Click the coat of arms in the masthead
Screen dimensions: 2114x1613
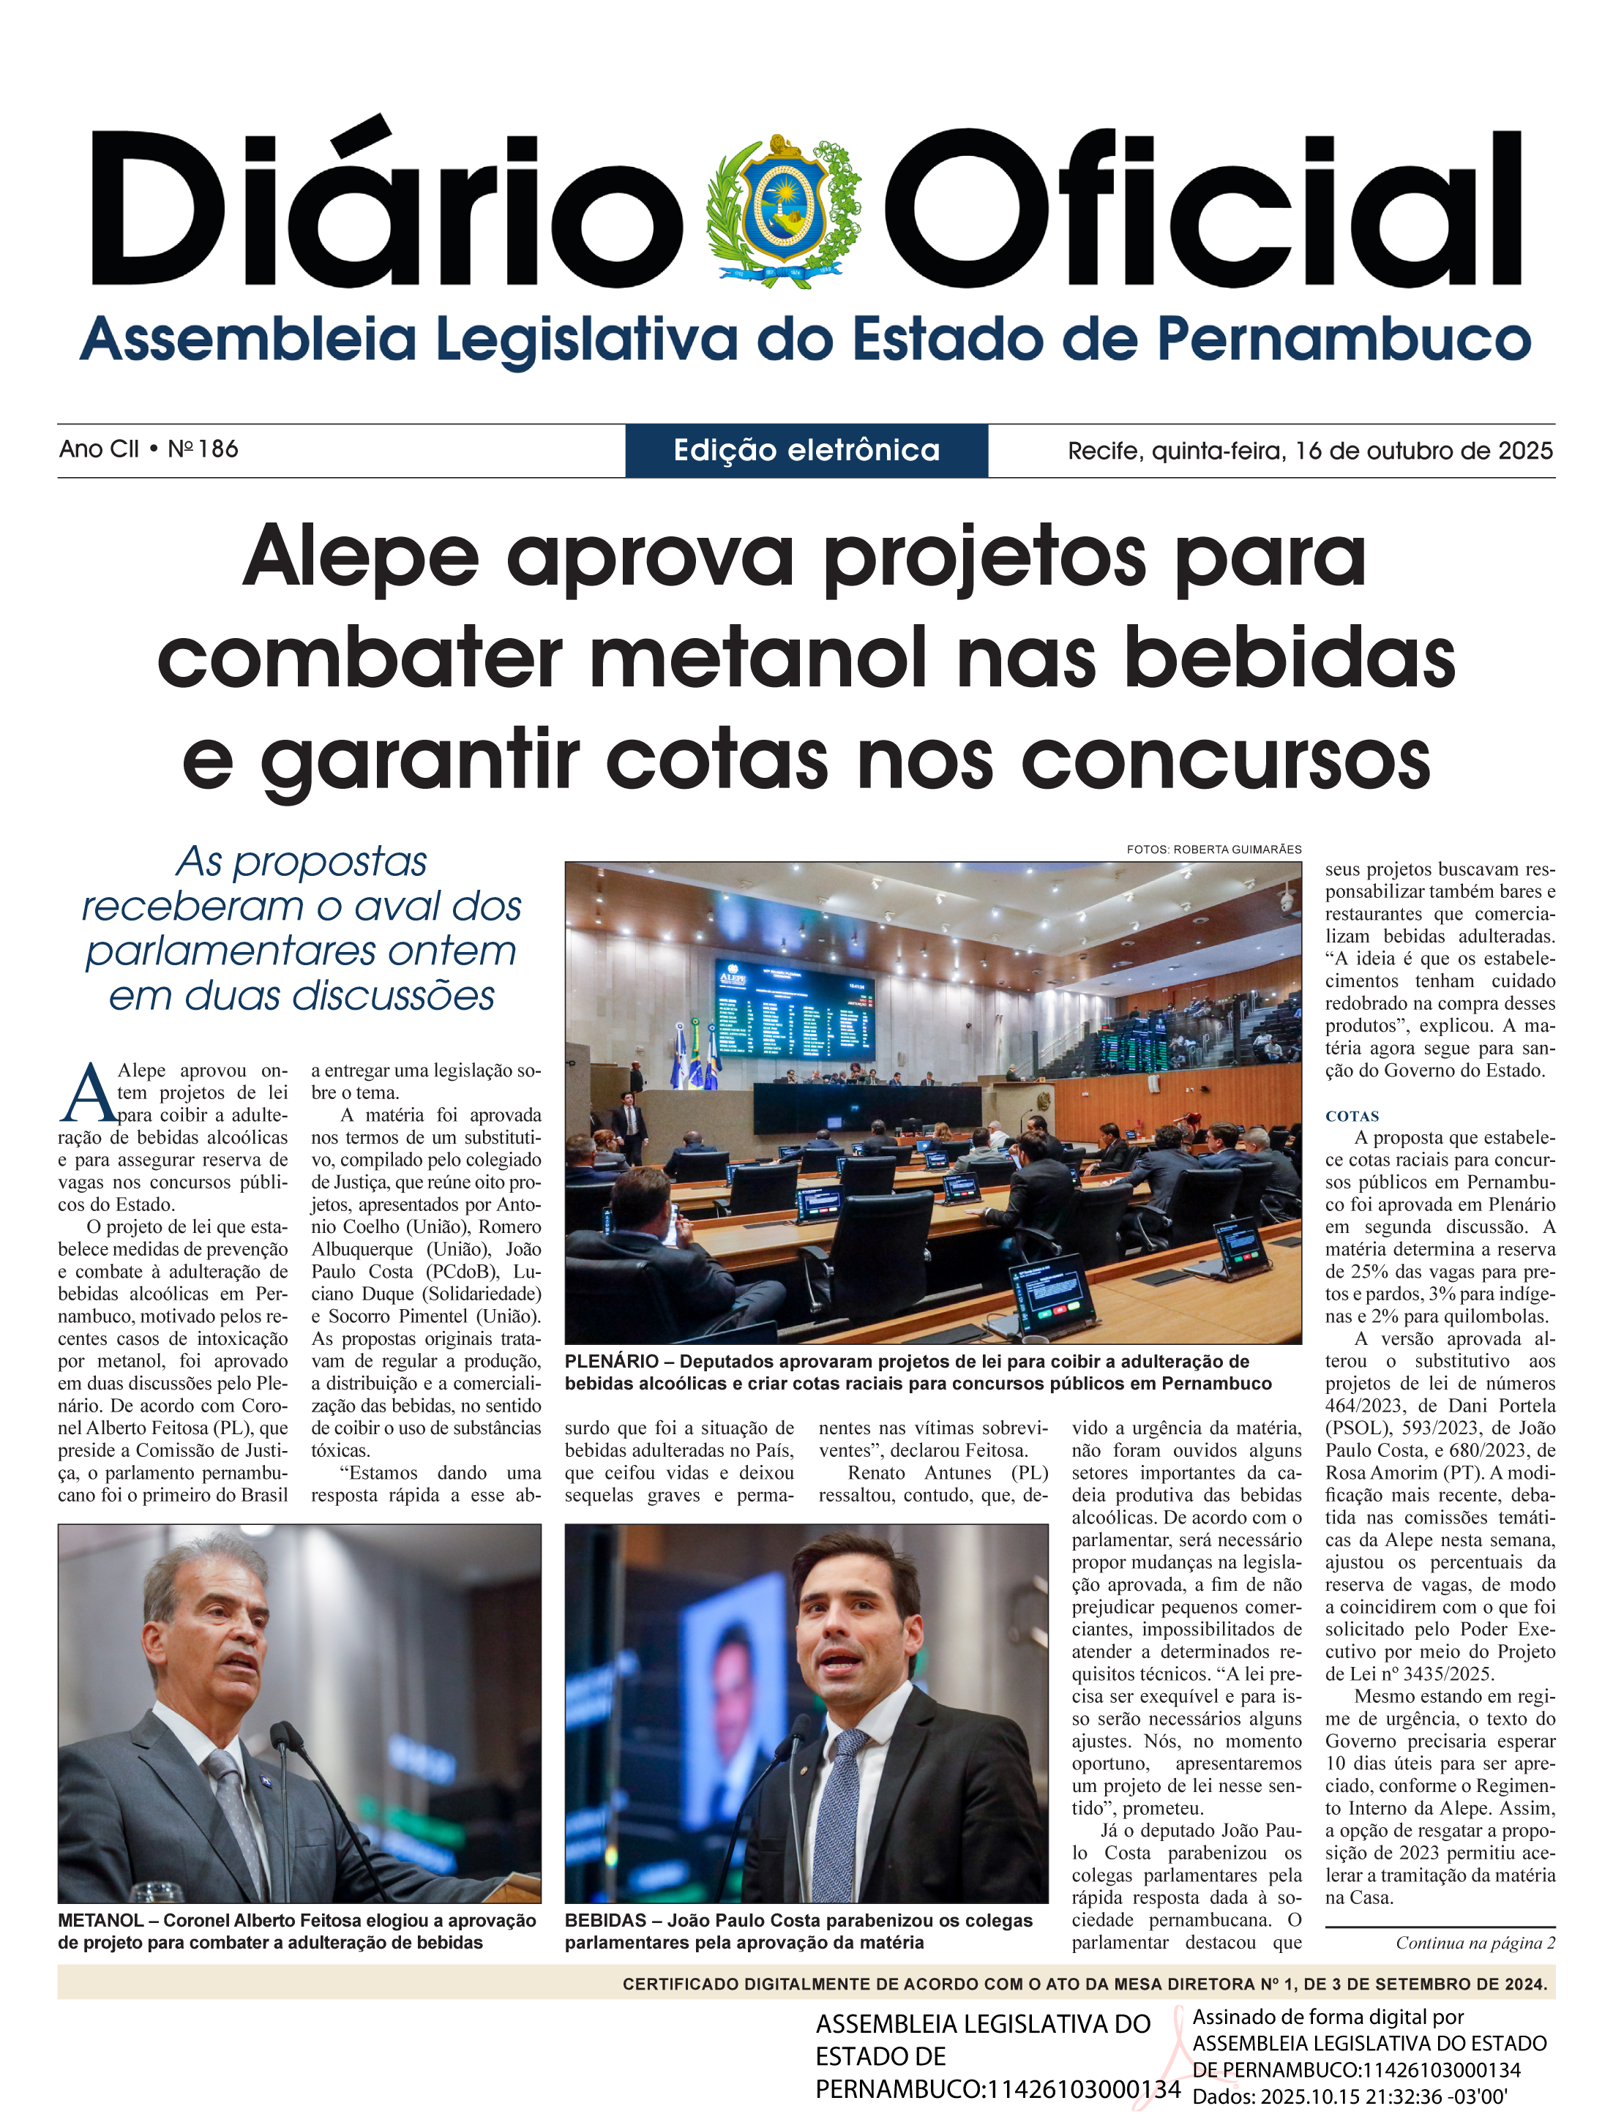782,209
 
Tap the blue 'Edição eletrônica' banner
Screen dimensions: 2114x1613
806,450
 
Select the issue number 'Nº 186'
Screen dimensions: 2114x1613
203,449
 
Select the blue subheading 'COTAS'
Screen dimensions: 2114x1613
1352,1117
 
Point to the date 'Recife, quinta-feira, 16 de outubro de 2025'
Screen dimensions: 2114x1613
1309,450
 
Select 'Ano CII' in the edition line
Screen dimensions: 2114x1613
98,449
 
